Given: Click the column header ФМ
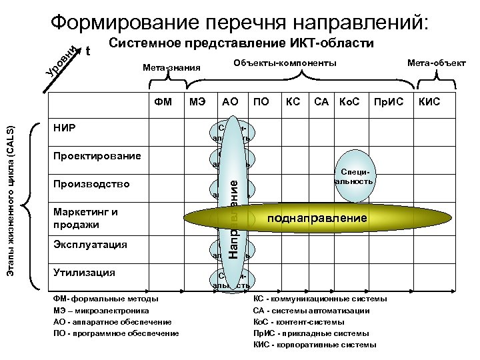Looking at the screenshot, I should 163,102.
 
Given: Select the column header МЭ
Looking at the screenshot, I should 197,102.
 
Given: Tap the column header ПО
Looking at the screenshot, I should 261,102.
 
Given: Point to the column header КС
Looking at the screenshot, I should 293,102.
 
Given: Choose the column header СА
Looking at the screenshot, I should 321,102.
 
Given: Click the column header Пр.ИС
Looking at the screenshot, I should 385,102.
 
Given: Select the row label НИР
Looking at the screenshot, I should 65,128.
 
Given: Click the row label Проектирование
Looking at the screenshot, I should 97,155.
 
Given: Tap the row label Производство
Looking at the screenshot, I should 91,183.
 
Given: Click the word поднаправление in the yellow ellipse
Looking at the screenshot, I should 317,218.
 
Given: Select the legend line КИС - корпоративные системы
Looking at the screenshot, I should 315,345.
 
